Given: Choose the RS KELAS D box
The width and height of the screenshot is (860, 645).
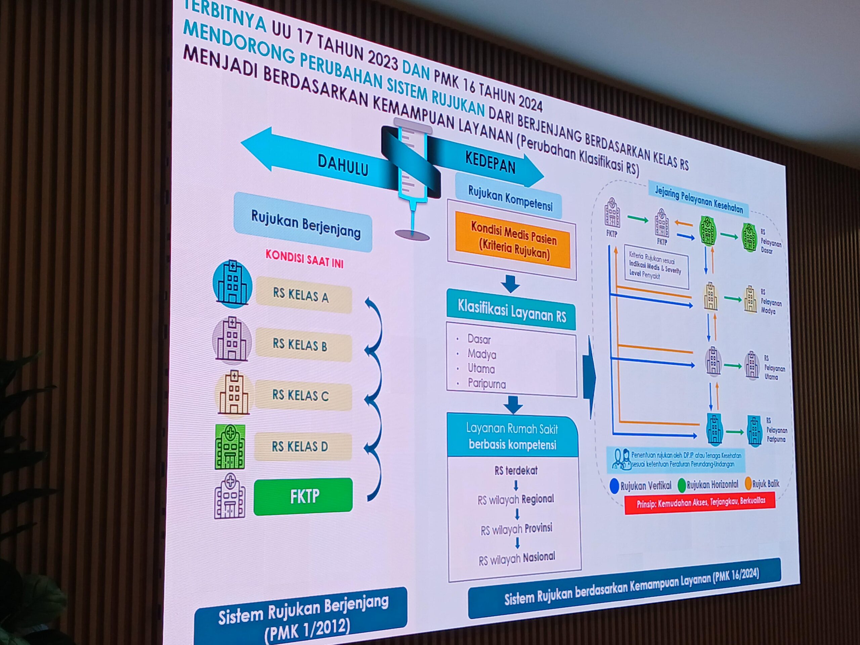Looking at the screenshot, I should (302, 446).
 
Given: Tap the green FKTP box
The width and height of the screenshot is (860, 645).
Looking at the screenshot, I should (303, 497).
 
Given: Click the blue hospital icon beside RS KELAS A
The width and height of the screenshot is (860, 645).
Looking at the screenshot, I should (232, 284).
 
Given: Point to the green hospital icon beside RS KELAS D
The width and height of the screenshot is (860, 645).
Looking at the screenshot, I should (230, 447).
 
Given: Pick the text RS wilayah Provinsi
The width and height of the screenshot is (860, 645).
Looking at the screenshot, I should (516, 529).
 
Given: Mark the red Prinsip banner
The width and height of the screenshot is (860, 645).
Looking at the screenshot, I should (700, 502).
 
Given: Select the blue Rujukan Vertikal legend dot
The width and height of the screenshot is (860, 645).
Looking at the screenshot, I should (615, 486).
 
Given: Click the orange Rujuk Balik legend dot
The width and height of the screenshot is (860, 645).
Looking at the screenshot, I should (748, 483).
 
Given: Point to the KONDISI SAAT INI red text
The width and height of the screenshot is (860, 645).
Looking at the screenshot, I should (304, 259).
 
